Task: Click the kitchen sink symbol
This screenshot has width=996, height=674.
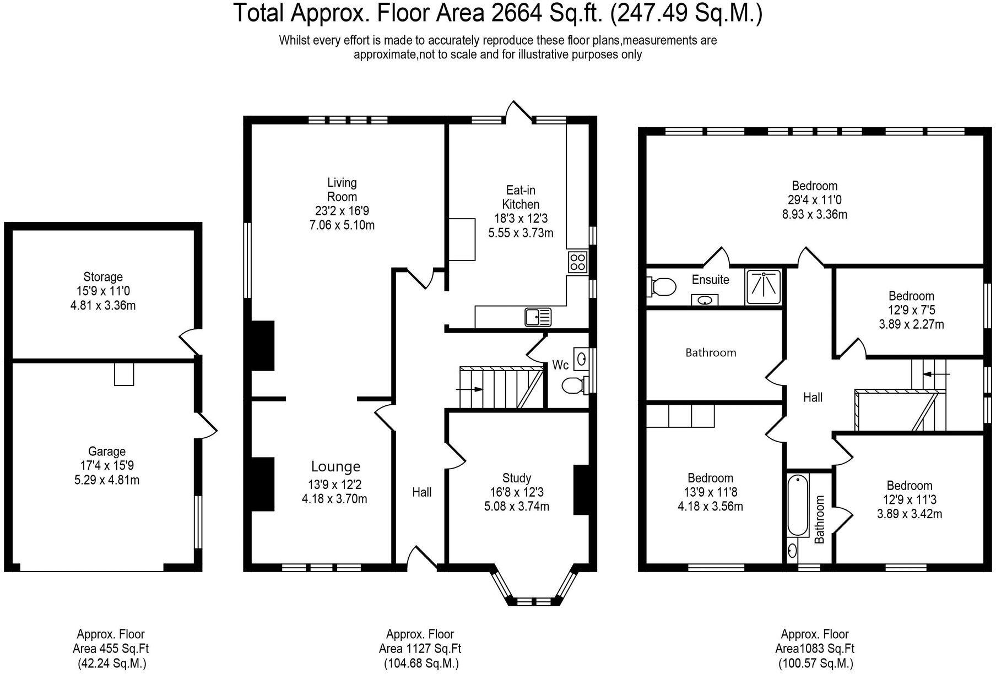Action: [538, 317]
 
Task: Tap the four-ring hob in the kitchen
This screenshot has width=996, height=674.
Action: [577, 262]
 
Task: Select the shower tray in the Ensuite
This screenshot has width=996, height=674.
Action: [763, 287]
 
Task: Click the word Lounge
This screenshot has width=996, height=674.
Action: [335, 467]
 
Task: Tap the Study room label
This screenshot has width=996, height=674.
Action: [517, 478]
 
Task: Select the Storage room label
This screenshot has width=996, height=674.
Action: [103, 277]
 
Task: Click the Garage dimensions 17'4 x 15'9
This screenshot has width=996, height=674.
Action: [107, 466]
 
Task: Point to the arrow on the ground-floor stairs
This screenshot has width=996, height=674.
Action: [470, 389]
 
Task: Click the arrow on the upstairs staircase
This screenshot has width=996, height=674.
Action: [936, 374]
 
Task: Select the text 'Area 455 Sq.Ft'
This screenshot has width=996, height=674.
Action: [111, 649]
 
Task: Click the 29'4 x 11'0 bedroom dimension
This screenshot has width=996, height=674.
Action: [815, 200]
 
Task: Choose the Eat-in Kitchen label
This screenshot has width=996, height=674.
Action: [521, 197]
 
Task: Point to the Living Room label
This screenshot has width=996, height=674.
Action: [342, 189]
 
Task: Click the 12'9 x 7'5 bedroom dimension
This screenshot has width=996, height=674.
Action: [911, 311]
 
